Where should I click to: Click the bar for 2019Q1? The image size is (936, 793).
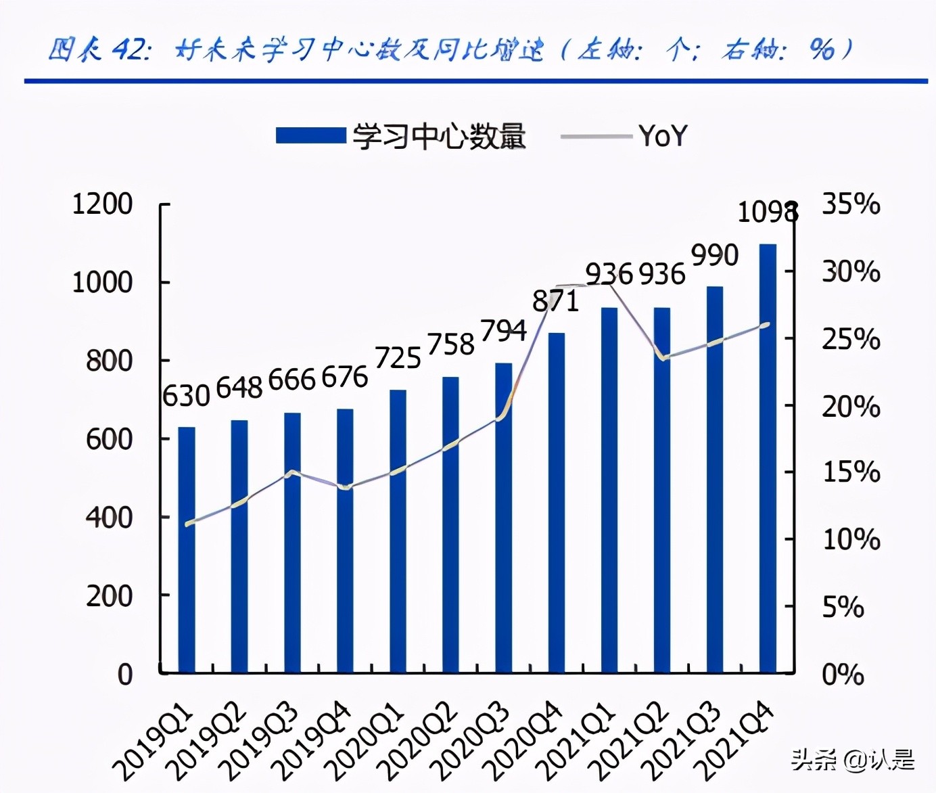pos(187,549)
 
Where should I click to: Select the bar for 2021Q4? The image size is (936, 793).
pos(768,459)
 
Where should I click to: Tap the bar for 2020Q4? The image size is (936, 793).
pos(557,503)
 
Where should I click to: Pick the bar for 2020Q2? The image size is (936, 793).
pos(450,525)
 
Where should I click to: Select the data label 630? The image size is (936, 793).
pos(186,396)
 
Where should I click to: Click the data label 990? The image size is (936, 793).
pos(715,256)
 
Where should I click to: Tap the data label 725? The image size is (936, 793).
pos(398,359)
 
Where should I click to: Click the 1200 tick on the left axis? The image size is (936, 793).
pos(103,204)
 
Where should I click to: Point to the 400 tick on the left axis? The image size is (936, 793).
pos(109,518)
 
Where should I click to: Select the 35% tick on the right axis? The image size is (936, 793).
pos(851,204)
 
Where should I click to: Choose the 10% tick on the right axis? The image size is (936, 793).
pos(851,540)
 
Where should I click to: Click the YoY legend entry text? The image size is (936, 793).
pos(663,137)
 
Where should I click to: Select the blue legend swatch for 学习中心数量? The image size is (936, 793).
pos(310,136)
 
